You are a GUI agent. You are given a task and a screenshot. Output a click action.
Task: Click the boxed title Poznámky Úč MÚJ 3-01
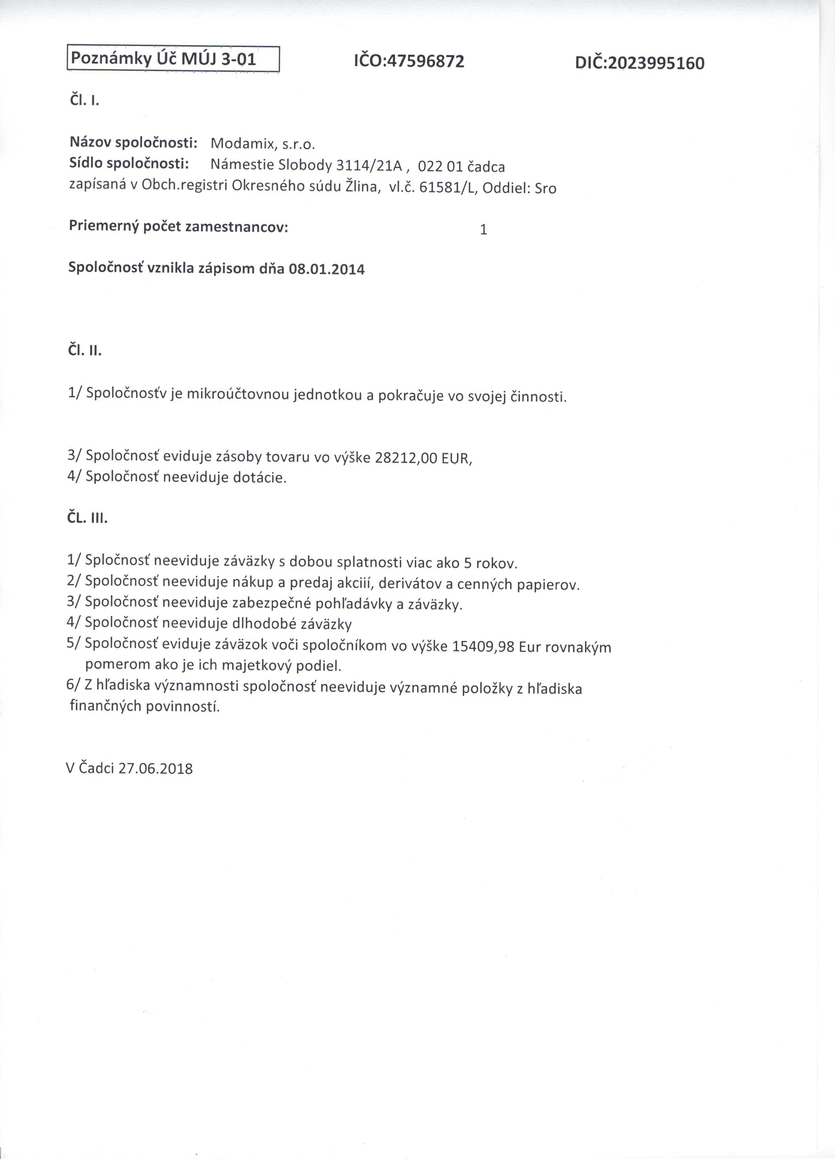click(x=163, y=59)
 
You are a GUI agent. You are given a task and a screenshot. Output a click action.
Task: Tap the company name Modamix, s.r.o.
click(x=263, y=144)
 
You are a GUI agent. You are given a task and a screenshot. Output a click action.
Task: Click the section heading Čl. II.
click(x=85, y=351)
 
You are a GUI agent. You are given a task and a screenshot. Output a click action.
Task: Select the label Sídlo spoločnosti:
click(x=129, y=164)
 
